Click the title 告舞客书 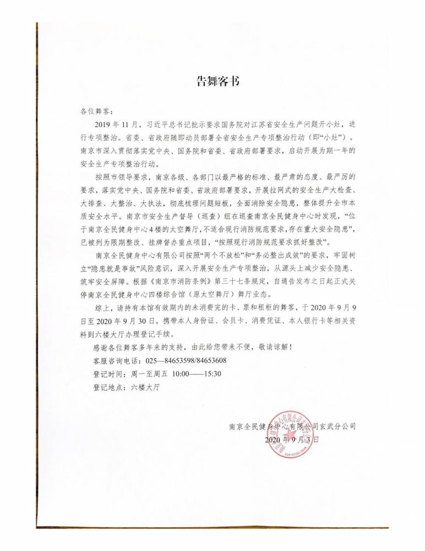pos(219,82)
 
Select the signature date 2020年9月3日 pos(291,440)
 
